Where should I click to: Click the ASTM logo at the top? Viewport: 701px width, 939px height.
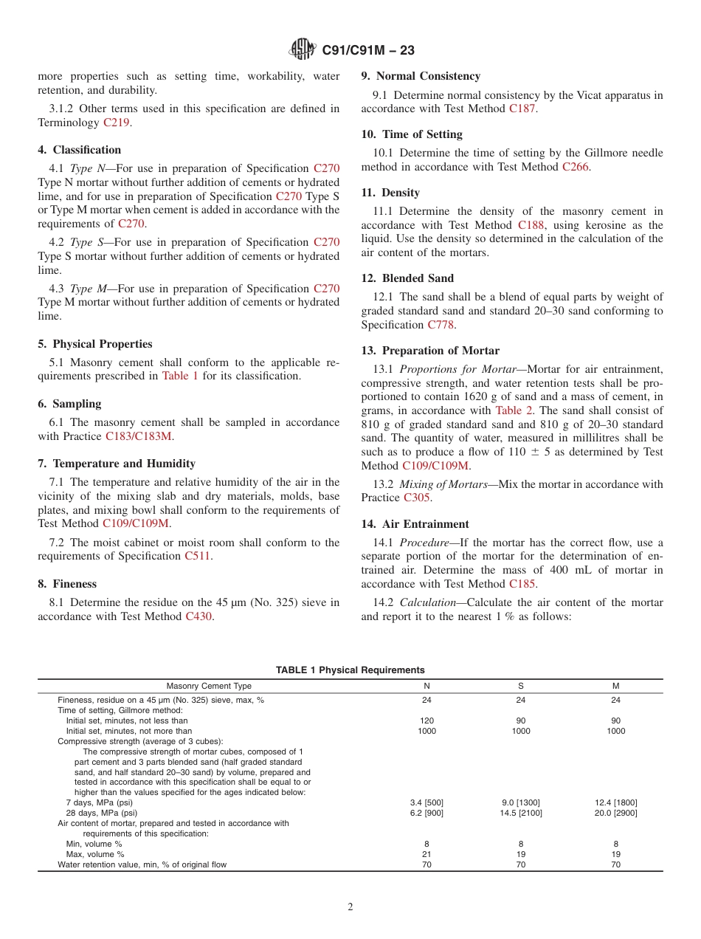pos(303,49)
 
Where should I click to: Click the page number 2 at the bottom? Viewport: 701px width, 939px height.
pos(350,907)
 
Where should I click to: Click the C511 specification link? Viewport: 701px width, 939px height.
pos(198,556)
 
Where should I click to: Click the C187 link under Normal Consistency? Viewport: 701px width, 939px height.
pos(522,109)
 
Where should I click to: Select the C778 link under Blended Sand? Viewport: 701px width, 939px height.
pos(441,325)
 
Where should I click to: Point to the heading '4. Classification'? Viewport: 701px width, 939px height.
pos(80,150)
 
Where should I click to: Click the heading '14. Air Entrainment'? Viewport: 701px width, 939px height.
pos(415,524)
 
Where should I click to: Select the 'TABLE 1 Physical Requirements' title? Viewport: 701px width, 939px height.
pos(350,670)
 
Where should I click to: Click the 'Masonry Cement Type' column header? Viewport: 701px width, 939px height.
pos(209,686)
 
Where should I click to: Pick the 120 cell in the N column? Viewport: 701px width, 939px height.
pos(427,720)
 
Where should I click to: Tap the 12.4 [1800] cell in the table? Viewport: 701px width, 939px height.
pos(615,802)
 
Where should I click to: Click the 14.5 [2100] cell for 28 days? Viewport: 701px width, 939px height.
pos(521,813)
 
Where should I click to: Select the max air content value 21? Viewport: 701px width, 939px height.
pos(427,854)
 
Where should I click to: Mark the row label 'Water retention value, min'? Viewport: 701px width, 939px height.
pos(142,864)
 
